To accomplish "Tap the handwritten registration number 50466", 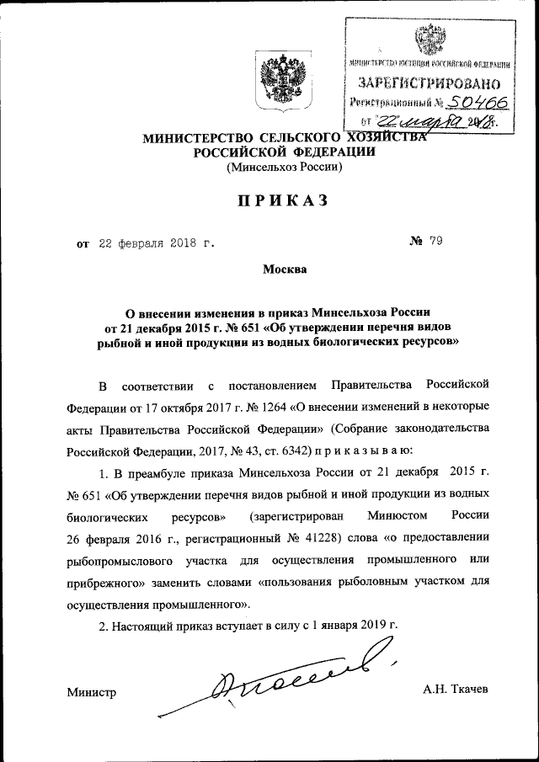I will (463, 102).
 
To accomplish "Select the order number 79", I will (435, 242).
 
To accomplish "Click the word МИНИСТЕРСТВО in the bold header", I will (200, 138).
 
